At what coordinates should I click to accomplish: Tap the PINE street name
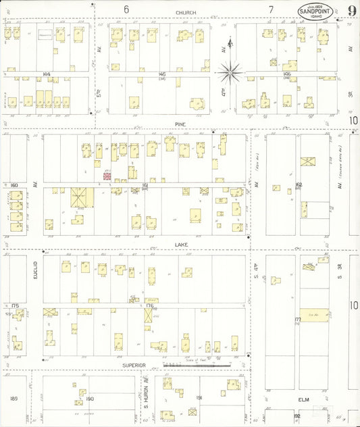(x=180, y=124)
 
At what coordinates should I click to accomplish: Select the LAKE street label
(x=180, y=244)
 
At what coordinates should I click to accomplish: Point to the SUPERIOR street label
(x=134, y=365)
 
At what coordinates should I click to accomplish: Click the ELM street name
(x=303, y=399)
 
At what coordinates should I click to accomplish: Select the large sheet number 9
(x=352, y=10)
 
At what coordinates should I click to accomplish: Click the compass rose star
(x=231, y=69)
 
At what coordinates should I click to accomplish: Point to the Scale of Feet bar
(x=196, y=364)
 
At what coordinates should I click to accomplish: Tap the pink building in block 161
(x=106, y=176)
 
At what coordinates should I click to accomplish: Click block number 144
(x=47, y=74)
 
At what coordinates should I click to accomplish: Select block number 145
(x=162, y=74)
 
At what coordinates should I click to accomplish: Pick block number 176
(x=150, y=306)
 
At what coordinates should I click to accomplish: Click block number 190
(x=90, y=399)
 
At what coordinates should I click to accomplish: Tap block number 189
(x=14, y=399)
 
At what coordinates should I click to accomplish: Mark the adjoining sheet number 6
(x=126, y=9)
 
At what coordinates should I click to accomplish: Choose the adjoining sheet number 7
(x=270, y=9)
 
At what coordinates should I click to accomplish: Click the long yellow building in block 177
(x=314, y=316)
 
